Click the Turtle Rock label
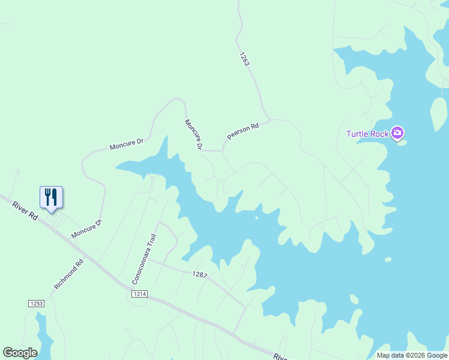point(367,134)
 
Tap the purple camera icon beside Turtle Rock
point(397,133)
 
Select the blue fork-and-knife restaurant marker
point(51,197)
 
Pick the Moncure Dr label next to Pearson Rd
point(193,134)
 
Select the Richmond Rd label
point(69,274)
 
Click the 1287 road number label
point(200,274)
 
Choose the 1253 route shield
point(36,304)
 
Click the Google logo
point(20,353)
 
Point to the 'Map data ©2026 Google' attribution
point(412,355)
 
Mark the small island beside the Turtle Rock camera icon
point(402,143)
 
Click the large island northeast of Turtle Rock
point(439,113)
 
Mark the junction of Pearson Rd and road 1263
point(270,119)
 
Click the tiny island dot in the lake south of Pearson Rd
point(256,218)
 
